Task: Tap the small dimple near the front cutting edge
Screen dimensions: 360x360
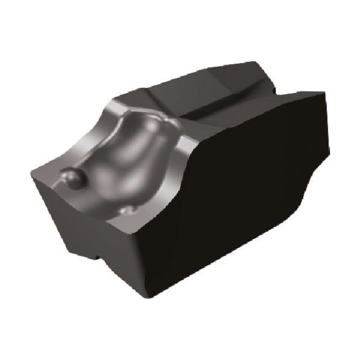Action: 128,211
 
